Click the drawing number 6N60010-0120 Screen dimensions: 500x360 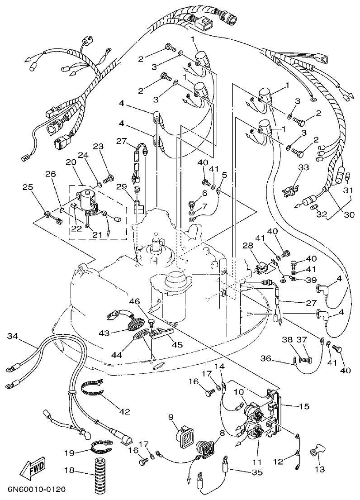(36, 490)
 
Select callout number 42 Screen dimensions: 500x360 (124, 411)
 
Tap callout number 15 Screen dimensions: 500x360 (303, 406)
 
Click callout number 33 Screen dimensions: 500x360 (303, 167)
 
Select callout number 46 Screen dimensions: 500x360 (134, 301)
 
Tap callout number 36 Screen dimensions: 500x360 (265, 358)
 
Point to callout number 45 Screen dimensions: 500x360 (177, 345)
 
